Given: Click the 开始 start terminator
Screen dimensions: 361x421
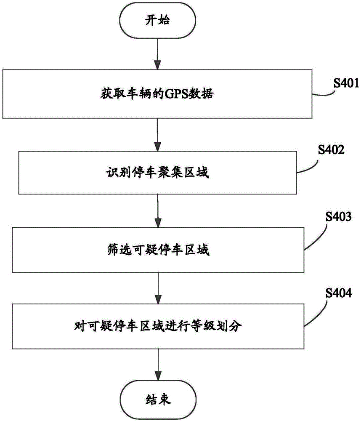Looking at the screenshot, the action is click(x=157, y=20).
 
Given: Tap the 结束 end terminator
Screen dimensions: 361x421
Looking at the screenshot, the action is click(x=158, y=400).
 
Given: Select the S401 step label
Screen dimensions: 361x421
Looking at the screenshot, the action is click(x=346, y=83).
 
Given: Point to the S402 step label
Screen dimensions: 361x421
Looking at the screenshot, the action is click(x=331, y=149).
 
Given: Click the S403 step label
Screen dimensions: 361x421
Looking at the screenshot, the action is click(x=338, y=216).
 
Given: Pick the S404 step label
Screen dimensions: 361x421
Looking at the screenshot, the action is click(x=339, y=293).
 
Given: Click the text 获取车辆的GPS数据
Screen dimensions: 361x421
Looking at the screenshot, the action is click(x=157, y=94).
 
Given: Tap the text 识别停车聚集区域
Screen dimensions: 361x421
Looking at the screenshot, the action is click(x=157, y=173).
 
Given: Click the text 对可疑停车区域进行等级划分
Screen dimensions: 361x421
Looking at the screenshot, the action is click(x=158, y=327).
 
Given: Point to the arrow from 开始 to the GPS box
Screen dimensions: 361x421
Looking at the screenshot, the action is click(x=157, y=54).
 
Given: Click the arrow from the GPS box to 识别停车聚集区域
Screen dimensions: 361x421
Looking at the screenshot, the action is click(x=157, y=135).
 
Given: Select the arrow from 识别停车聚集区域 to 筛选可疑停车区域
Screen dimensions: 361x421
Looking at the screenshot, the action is click(x=158, y=211).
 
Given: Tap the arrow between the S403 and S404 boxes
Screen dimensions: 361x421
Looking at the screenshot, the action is click(x=158, y=288).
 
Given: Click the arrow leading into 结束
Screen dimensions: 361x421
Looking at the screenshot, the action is click(x=158, y=365).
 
